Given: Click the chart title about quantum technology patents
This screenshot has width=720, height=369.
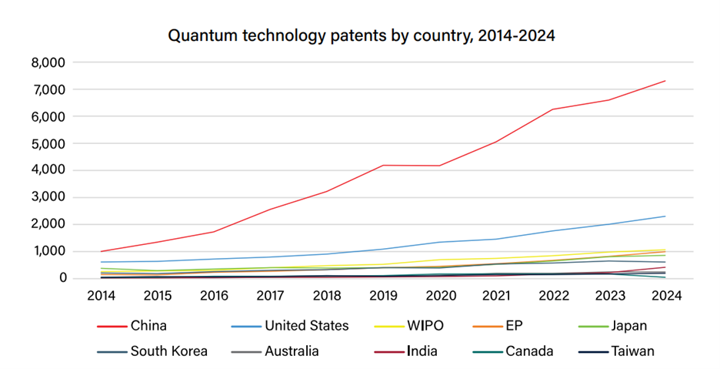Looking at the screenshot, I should tap(361, 35).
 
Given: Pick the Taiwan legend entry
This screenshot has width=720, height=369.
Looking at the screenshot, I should tap(633, 351).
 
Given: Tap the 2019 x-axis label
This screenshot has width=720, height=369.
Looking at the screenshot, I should tap(383, 295).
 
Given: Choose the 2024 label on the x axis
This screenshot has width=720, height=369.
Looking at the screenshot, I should tap(665, 295).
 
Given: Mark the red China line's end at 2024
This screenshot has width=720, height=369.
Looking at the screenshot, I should tap(665, 81).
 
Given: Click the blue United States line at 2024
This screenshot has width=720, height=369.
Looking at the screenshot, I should tap(665, 216).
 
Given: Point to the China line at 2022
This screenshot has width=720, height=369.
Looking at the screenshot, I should tap(552, 109).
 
